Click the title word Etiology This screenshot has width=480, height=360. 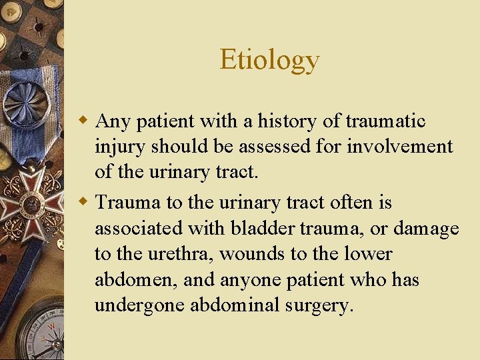pos(269,60)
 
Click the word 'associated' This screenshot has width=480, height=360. pos(137,229)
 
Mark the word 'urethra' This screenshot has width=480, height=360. pos(179,255)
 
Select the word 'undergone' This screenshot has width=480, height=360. pos(139,307)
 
